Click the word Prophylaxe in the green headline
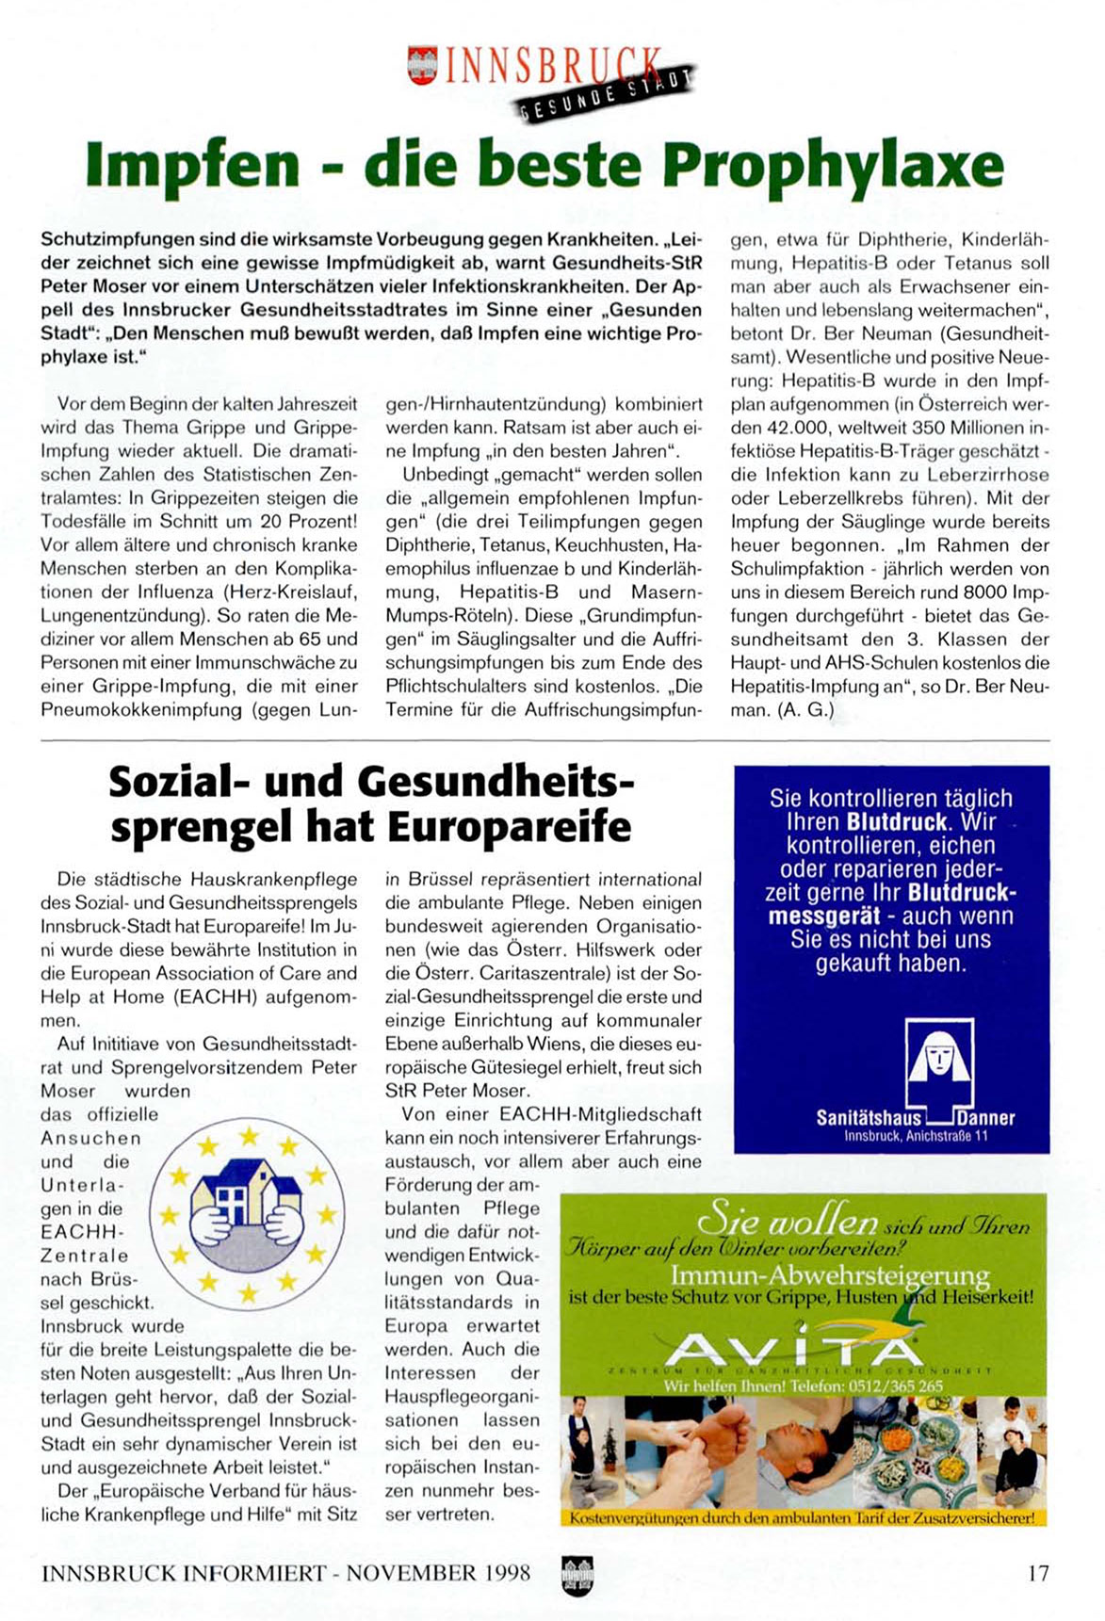[x=833, y=166]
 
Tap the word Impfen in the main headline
[x=192, y=166]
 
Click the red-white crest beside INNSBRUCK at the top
[x=421, y=65]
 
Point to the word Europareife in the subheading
[x=509, y=826]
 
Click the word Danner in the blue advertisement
[x=986, y=1118]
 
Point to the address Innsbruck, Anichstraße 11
[x=916, y=1136]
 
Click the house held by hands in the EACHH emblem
[x=245, y=1197]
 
